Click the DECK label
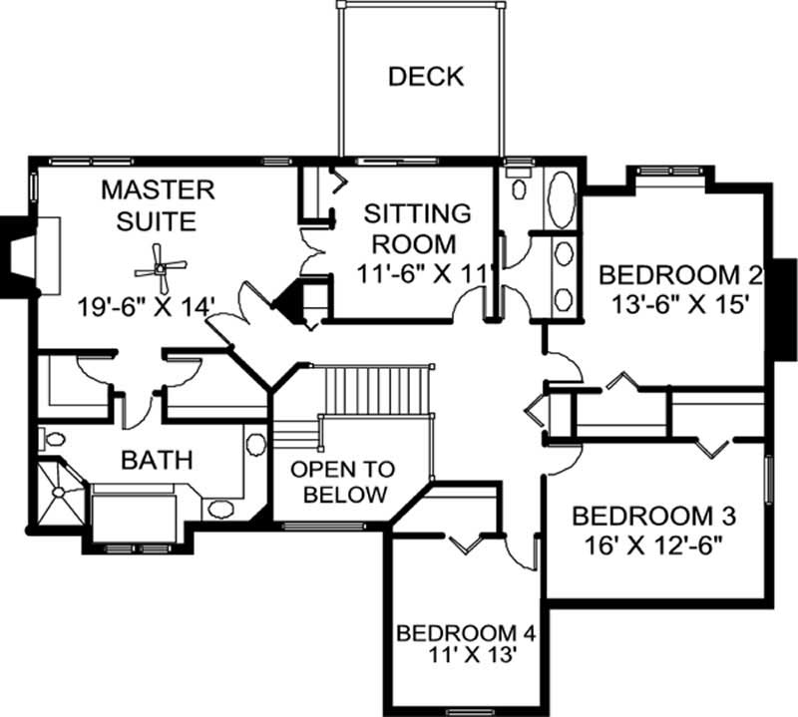click(426, 76)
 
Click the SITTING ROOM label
click(417, 228)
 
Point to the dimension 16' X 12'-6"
click(653, 545)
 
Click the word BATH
click(157, 461)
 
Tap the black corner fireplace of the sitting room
click(296, 298)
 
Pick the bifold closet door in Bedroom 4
click(467, 543)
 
